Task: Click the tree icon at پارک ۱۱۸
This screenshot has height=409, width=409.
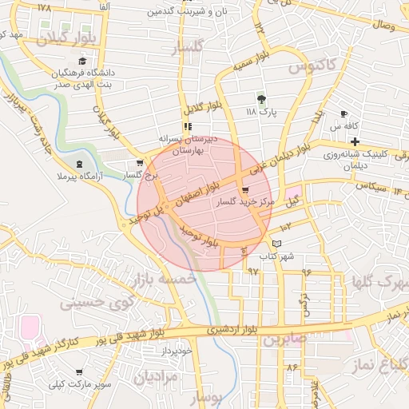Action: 262,100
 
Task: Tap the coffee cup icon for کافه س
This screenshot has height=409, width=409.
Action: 343,114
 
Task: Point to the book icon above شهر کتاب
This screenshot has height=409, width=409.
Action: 277,244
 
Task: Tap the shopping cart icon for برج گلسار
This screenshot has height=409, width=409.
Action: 140,164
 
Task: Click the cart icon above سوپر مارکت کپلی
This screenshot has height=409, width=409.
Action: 79,372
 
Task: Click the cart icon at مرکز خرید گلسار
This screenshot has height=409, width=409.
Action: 244,191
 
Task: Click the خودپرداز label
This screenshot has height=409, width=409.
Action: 177,349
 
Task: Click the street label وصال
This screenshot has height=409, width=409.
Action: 383,27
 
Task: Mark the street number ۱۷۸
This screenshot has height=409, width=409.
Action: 43,7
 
